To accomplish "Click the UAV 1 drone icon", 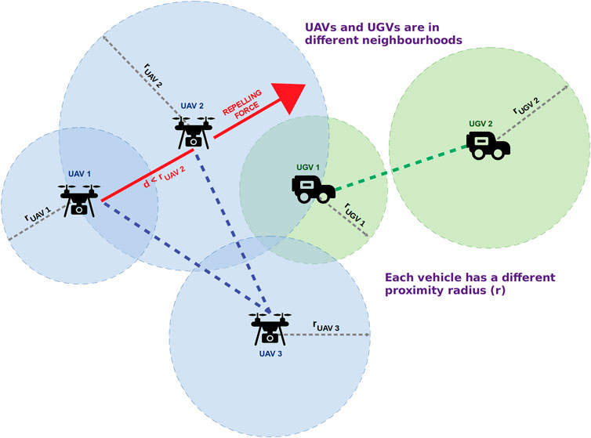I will (x=79, y=199).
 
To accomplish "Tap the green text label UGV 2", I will (x=480, y=124).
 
